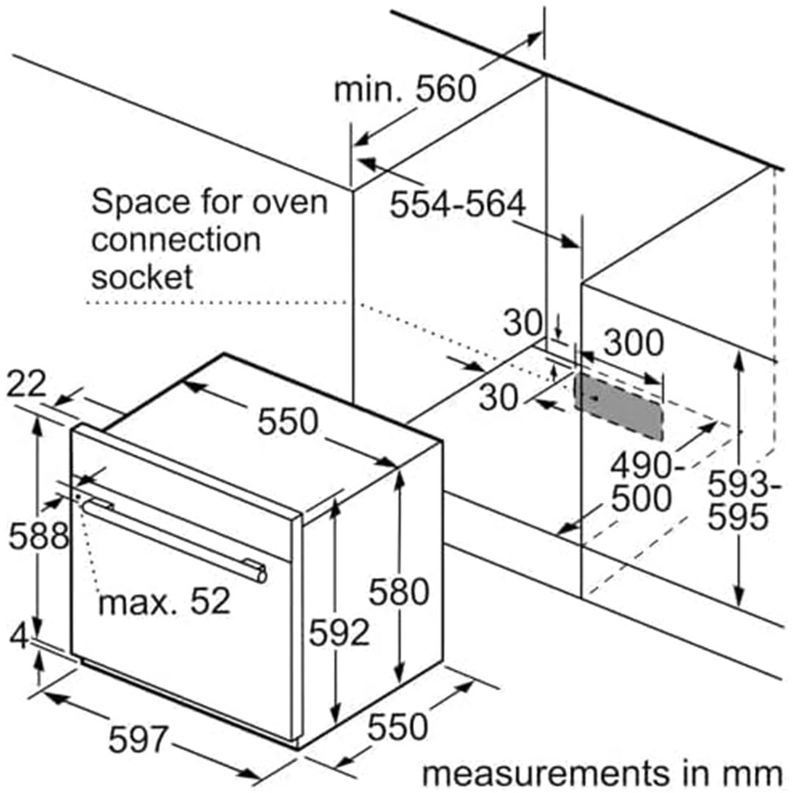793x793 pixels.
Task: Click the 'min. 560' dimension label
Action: [x=405, y=90]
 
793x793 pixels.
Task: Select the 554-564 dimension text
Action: [x=457, y=205]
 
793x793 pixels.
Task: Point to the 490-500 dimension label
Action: [x=642, y=482]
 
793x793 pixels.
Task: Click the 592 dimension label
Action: [x=338, y=633]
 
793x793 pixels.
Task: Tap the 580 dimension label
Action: [x=398, y=592]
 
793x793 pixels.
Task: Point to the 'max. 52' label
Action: [x=164, y=601]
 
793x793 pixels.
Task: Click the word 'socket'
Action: [x=142, y=277]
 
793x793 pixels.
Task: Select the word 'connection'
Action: [x=175, y=239]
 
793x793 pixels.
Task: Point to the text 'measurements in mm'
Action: [x=602, y=773]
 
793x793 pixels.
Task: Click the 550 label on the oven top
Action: [x=288, y=422]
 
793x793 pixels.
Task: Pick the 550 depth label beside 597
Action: [x=396, y=726]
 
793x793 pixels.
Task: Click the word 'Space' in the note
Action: [x=140, y=201]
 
